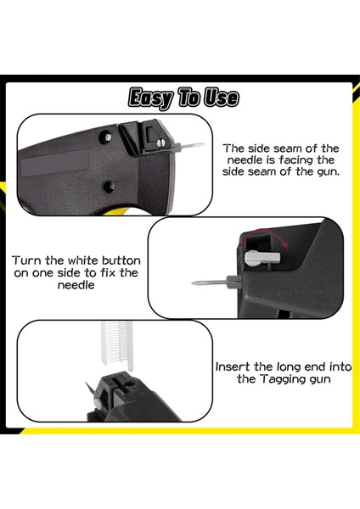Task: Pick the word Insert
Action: point(234,366)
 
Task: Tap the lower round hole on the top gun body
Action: point(107,186)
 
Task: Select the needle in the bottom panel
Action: point(87,386)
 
